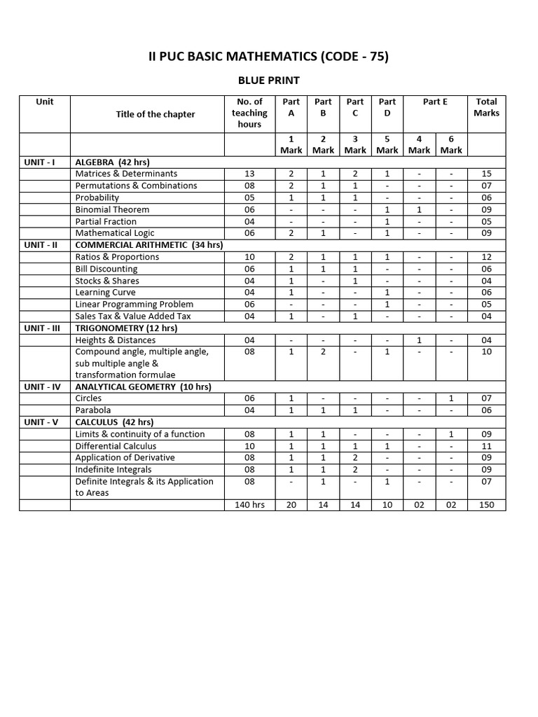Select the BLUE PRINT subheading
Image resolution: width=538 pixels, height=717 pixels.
(269, 81)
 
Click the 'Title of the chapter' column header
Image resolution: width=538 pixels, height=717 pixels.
(156, 114)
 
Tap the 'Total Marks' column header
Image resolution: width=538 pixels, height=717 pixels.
(486, 107)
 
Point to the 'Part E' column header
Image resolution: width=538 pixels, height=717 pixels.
(435, 102)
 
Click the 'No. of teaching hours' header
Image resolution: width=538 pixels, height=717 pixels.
(249, 113)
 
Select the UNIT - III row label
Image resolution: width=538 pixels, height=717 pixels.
(44, 328)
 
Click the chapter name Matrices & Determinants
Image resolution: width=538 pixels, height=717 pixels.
(126, 174)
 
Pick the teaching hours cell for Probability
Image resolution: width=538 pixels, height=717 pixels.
(249, 197)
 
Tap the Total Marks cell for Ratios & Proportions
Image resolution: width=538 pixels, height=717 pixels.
(486, 257)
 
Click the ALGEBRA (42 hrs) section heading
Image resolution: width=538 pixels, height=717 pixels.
(113, 162)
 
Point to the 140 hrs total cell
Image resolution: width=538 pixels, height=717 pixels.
(249, 505)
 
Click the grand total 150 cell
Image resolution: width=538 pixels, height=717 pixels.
(486, 505)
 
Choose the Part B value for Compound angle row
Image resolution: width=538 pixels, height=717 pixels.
(323, 351)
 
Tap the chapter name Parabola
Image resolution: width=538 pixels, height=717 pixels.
(93, 410)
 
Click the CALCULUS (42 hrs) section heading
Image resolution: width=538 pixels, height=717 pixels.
(115, 422)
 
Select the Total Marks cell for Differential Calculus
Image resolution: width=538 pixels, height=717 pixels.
(486, 446)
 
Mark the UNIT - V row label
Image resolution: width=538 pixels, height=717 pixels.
(44, 422)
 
